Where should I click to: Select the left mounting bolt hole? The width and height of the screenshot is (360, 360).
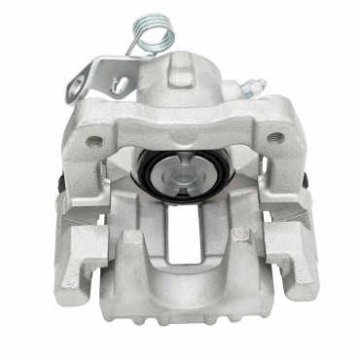(95, 140)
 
